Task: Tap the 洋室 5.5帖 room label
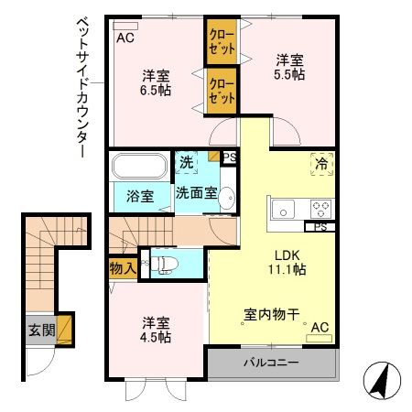[x=290, y=68]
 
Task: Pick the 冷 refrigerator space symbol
[x=320, y=163]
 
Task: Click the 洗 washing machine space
[x=187, y=165]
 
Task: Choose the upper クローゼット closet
[x=221, y=42]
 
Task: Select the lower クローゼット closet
[x=221, y=90]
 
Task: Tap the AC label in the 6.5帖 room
[x=125, y=38]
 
